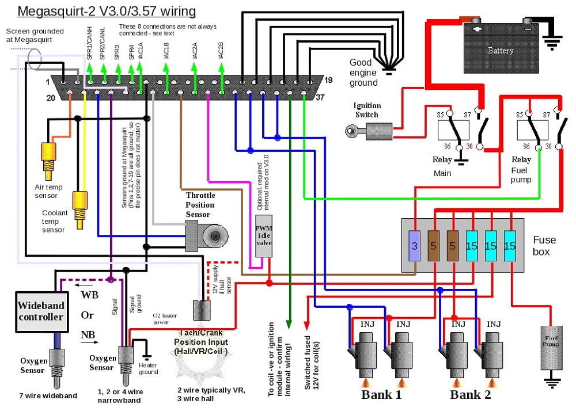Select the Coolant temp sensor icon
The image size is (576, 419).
[79, 202]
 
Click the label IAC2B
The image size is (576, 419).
[221, 50]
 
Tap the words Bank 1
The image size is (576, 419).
[381, 395]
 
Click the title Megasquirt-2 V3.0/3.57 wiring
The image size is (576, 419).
[107, 12]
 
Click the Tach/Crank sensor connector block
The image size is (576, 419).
[202, 311]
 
